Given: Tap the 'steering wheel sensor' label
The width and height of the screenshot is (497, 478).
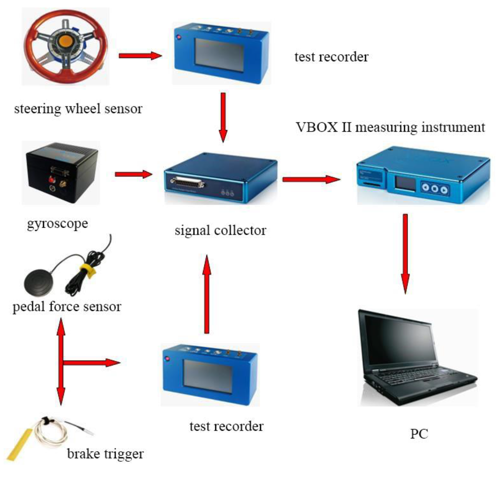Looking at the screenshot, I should (x=78, y=109).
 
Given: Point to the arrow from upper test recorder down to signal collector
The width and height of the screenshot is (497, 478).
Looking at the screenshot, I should (x=223, y=117).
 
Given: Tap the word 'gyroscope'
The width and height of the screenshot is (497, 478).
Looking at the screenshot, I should (x=58, y=224).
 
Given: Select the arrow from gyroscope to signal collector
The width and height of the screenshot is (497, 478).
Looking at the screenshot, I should (x=133, y=174).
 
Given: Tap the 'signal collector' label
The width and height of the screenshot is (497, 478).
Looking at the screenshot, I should (x=220, y=231).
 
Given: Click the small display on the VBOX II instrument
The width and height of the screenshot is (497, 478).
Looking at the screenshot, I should (x=406, y=183).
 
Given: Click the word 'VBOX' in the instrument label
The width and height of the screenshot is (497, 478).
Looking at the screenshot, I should (x=317, y=127).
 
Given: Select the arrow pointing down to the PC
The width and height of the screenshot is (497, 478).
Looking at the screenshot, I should (x=405, y=254).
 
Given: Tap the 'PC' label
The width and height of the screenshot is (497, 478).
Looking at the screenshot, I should (x=419, y=434).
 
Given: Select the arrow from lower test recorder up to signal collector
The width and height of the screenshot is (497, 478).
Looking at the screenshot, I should (x=207, y=294).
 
